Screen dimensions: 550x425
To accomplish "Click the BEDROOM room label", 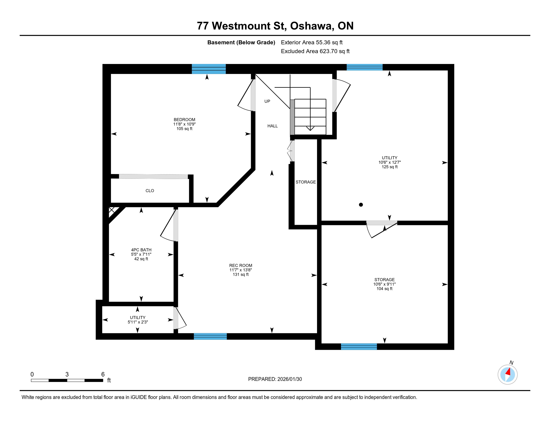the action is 184,119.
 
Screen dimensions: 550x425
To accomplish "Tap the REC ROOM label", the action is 240,265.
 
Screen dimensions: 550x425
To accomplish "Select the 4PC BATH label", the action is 141,250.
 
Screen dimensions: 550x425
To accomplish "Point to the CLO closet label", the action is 150,190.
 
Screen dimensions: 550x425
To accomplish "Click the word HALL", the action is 272,126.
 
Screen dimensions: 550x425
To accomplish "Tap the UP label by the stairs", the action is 267,101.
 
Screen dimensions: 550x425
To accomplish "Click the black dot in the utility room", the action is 361,205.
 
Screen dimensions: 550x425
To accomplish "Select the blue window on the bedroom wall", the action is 209,69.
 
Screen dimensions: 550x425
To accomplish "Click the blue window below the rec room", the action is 210,336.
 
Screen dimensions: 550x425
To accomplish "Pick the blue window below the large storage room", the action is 359,346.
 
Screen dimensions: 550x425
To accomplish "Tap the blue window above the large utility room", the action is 365,67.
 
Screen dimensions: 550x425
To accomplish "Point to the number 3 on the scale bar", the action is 67,374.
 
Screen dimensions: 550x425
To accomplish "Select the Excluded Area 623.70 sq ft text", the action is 315,51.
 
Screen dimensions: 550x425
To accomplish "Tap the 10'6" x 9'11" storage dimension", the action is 384,284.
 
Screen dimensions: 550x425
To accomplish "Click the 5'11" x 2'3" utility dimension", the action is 138,322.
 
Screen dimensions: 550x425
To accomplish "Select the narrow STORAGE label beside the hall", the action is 305,182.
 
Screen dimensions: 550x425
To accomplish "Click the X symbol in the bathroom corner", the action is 111,210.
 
